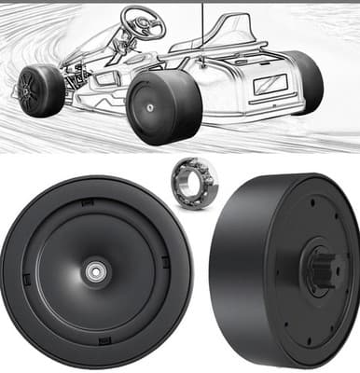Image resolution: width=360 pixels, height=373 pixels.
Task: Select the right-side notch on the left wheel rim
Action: pyautogui.click(x=165, y=262)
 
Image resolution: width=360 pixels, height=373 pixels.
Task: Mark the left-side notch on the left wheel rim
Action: pyautogui.click(x=26, y=273)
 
